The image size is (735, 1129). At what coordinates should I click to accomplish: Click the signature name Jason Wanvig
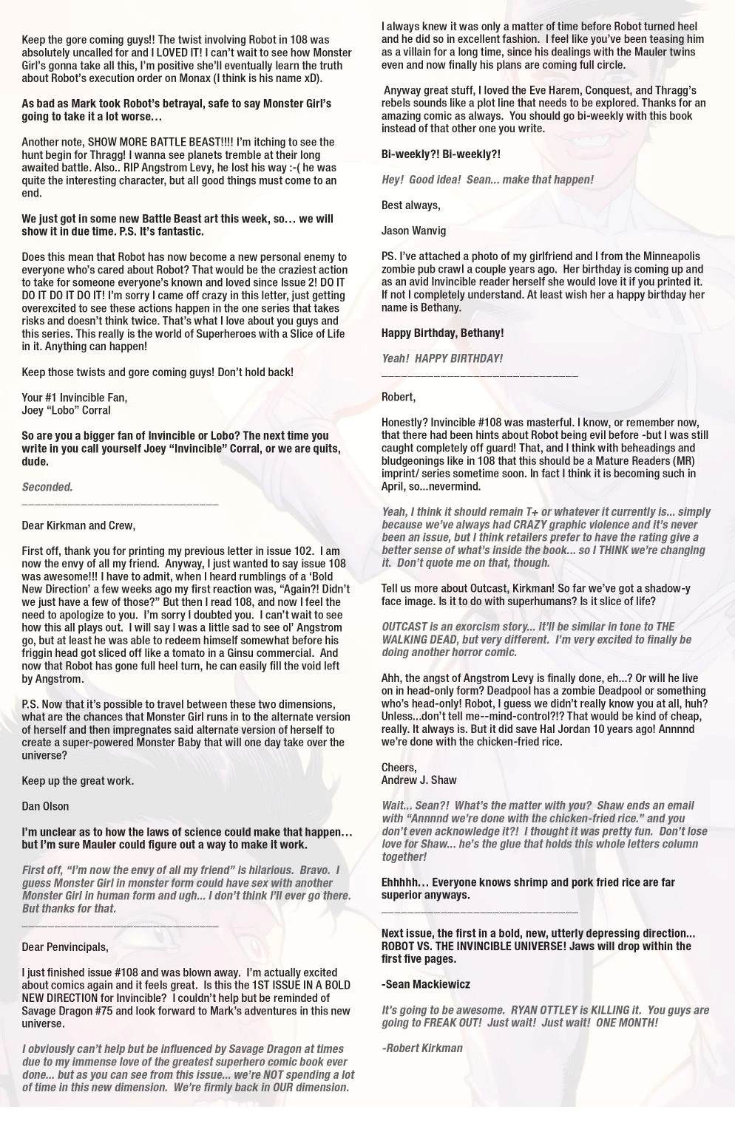[x=413, y=231]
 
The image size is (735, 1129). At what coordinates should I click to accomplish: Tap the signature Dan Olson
[x=50, y=806]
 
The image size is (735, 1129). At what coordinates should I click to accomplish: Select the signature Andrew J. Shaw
[x=419, y=780]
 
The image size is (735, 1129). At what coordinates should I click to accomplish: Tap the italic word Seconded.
[x=47, y=487]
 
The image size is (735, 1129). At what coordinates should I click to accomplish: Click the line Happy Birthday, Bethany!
[x=442, y=332]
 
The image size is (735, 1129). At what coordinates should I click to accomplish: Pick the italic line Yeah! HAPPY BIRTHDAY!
[x=441, y=358]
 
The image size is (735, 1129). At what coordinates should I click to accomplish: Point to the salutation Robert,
[x=398, y=397]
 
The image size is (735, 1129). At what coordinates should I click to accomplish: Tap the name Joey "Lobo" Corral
[x=66, y=410]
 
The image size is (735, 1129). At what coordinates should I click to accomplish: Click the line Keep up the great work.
[x=78, y=780]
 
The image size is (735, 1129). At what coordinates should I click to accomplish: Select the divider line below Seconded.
[x=120, y=503]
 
